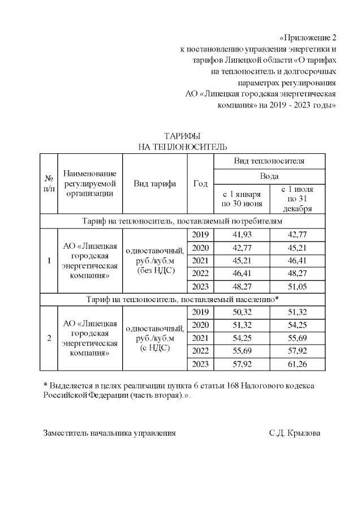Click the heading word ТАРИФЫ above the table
(182, 136)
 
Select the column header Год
(200, 184)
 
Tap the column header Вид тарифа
(154, 184)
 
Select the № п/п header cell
(49, 184)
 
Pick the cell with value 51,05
(298, 287)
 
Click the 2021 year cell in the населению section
(200, 338)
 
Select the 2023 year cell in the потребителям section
(200, 287)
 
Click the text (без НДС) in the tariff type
(154, 271)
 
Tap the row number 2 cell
(49, 338)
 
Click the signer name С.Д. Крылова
(295, 433)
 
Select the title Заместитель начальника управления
(110, 433)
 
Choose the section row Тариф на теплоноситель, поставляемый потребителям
(182, 221)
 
